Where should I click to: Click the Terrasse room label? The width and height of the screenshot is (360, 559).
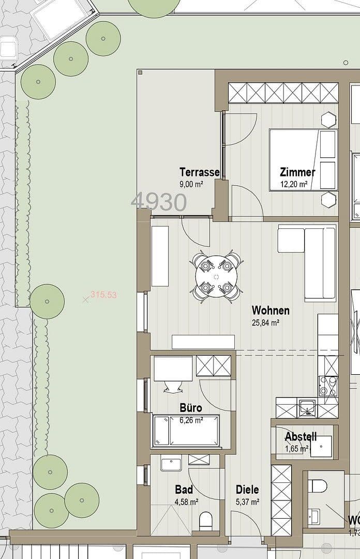pos(199,172)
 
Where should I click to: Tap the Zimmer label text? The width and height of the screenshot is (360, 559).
pos(297,172)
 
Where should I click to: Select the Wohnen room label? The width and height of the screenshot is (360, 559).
pos(270,311)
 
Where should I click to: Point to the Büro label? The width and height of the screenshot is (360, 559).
pos(190,408)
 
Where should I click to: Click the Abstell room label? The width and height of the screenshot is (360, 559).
pos(301,437)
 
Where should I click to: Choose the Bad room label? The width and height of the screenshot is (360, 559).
pos(184,490)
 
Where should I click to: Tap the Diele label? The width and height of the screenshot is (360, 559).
pos(247,490)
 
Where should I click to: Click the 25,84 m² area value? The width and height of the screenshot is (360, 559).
pos(265,322)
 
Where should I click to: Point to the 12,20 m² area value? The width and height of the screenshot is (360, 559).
pos(294,184)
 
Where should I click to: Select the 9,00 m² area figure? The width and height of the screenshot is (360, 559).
pos(191,184)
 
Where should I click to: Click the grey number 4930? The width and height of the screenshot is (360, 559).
pos(159,202)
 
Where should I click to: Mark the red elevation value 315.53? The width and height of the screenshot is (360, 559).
pos(103,295)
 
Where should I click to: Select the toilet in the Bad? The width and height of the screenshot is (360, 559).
pos(206,520)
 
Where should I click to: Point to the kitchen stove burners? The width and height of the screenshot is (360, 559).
pos(328,386)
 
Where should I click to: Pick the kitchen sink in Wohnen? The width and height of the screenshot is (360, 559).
pos(307,407)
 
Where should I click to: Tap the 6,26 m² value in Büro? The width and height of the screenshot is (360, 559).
pos(191,420)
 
